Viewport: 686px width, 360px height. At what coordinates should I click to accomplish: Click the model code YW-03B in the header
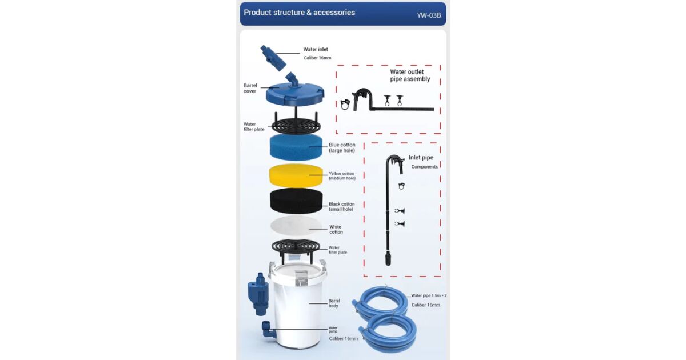pyautogui.click(x=429, y=15)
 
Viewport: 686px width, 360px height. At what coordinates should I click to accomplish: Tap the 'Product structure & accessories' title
pyautogui.click(x=299, y=13)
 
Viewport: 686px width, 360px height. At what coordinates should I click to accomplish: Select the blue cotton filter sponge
pyautogui.click(x=296, y=147)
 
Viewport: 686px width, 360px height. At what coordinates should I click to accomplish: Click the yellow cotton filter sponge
pyautogui.click(x=296, y=175)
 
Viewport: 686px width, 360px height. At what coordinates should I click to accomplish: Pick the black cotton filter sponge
pyautogui.click(x=296, y=201)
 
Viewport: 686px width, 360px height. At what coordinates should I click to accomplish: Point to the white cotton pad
pyautogui.click(x=296, y=226)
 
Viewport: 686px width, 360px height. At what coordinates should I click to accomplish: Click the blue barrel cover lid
pyautogui.click(x=295, y=93)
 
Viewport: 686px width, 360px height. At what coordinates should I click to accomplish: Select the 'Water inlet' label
pyautogui.click(x=316, y=49)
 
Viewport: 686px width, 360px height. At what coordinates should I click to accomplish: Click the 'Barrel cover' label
pyautogui.click(x=250, y=88)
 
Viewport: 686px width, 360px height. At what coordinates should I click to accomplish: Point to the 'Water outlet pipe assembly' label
pyautogui.click(x=410, y=75)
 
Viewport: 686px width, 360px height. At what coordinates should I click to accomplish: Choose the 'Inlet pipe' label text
pyautogui.click(x=421, y=158)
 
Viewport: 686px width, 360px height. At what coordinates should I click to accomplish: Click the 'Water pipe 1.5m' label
pyautogui.click(x=426, y=296)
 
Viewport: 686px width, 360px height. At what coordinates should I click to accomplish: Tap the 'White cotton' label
pyautogui.click(x=336, y=229)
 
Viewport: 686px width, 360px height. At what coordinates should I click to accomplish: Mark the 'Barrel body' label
pyautogui.click(x=334, y=303)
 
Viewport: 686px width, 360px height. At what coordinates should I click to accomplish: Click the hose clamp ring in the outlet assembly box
pyautogui.click(x=345, y=105)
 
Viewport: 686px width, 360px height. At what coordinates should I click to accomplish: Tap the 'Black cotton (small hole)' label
pyautogui.click(x=341, y=207)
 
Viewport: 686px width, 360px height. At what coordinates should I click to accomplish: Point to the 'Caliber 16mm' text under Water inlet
pyautogui.click(x=317, y=58)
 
